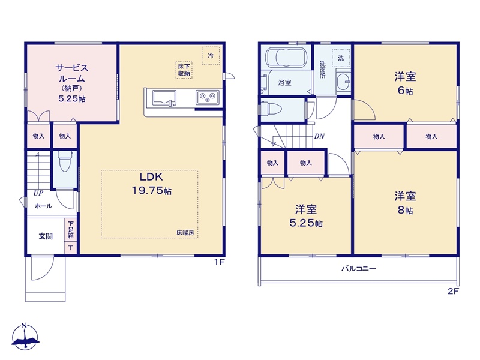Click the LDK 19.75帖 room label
[x=151, y=184]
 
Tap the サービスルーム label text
[x=71, y=73]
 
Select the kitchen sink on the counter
[x=164, y=98]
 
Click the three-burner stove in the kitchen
[x=207, y=98]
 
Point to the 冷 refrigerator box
[x=211, y=55]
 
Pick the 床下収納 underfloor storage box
[x=184, y=70]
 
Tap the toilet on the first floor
[x=65, y=161]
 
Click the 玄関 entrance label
[x=46, y=236]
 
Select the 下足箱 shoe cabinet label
[x=71, y=230]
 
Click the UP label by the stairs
[x=38, y=193]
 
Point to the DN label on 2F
[x=319, y=136]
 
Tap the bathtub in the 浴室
[x=286, y=57]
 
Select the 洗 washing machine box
[x=341, y=58]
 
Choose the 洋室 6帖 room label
[x=405, y=83]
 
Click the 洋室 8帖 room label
[x=405, y=203]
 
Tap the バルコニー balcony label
[x=359, y=269]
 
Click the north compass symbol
[x=25, y=337]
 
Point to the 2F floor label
[x=454, y=291]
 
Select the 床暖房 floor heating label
[x=185, y=232]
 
